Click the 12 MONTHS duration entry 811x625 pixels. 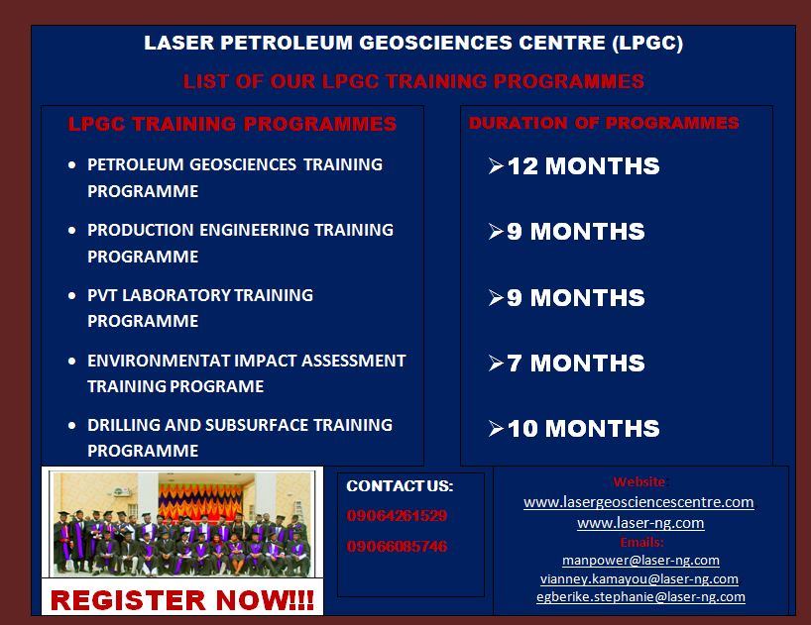[583, 166]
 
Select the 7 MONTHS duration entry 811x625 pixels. [576, 364]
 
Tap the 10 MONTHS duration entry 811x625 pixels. [583, 429]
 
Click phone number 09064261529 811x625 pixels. [397, 515]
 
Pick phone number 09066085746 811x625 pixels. [397, 547]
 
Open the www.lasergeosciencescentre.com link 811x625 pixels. [638, 502]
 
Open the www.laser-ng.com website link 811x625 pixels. [640, 523]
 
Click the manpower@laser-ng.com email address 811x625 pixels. [640, 560]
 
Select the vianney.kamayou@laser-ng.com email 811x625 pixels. [639, 578]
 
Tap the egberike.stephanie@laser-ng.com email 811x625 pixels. [640, 596]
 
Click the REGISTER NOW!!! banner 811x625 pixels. [182, 600]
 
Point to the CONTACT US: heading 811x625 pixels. [400, 486]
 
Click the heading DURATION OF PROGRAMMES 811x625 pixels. [604, 123]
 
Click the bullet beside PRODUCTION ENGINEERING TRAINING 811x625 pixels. [72, 231]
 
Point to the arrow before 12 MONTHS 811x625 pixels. [496, 166]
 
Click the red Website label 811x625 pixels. [639, 482]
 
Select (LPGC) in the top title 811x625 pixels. [647, 43]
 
